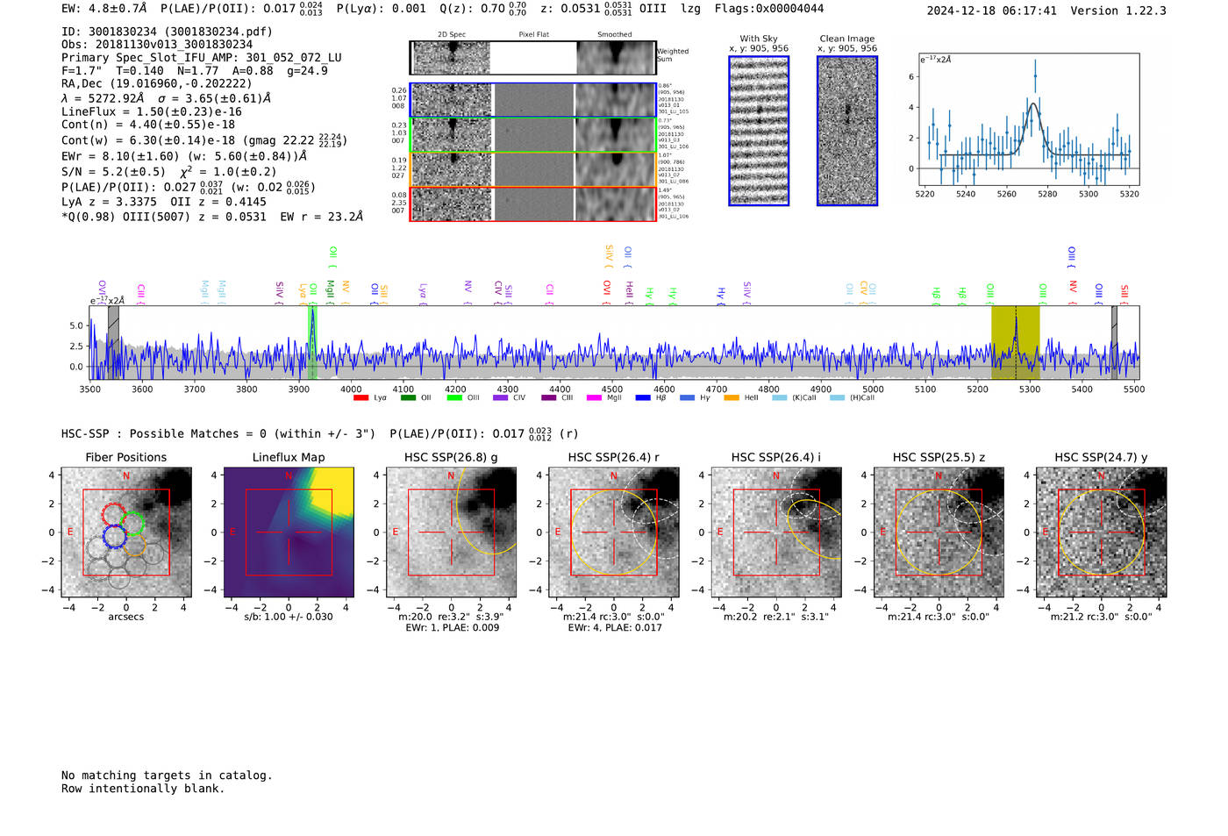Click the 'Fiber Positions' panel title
[x=125, y=457]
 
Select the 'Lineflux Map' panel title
[x=289, y=457]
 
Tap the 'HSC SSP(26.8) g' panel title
[x=451, y=457]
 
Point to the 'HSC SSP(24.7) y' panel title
[x=1101, y=457]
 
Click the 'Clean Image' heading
[x=846, y=39]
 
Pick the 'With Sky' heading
[x=759, y=39]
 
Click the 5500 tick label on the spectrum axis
[x=1133, y=389]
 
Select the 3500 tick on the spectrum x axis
[x=90, y=389]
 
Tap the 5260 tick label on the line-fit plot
[x=1006, y=194]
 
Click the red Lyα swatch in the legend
[x=361, y=398]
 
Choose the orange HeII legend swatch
[x=732, y=398]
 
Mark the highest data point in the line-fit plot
[x=1035, y=75]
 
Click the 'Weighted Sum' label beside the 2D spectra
[x=672, y=55]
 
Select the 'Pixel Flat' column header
[x=533, y=35]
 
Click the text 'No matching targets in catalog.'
[x=167, y=775]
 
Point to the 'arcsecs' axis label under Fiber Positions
[x=125, y=617]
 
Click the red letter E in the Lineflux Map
[x=232, y=532]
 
